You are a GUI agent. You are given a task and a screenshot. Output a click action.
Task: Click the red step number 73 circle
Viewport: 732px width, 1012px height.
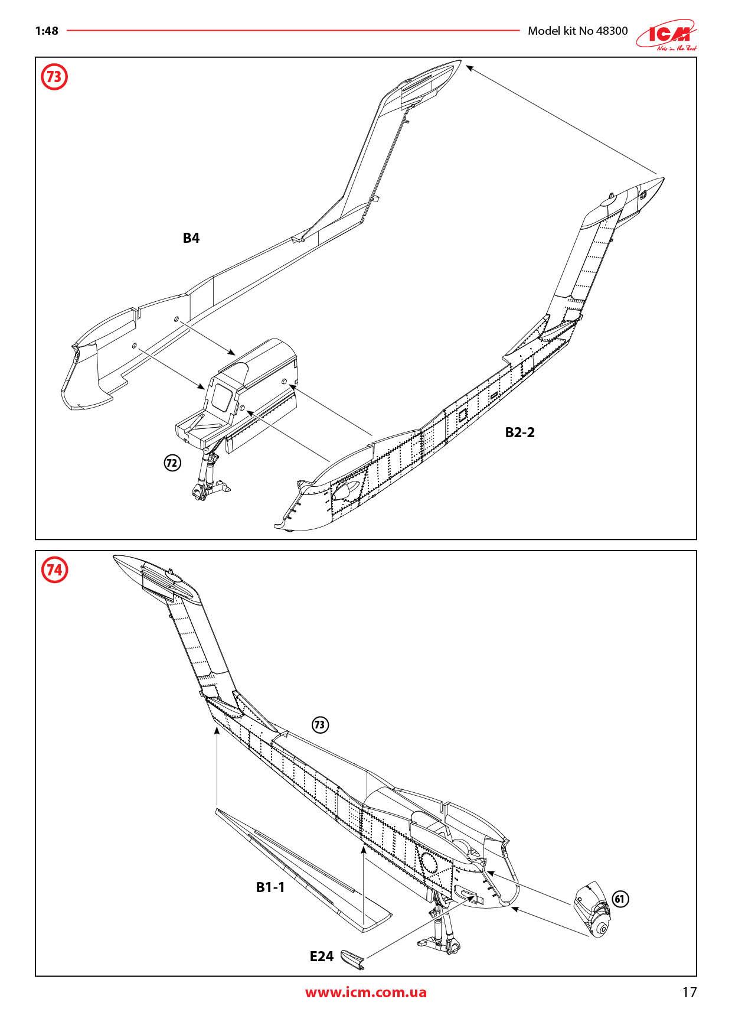54,77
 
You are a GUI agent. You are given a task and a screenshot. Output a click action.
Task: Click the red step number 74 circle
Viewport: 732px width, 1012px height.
54,570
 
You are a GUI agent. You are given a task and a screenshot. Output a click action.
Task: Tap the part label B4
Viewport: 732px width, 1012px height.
191,239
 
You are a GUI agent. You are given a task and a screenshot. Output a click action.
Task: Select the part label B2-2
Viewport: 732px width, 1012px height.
519,432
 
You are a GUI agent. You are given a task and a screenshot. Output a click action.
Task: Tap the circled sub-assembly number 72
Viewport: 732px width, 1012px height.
171,463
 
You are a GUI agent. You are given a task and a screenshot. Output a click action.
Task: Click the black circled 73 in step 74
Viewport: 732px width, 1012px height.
320,725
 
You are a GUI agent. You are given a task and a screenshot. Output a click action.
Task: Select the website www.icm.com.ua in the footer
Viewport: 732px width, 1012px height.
365,992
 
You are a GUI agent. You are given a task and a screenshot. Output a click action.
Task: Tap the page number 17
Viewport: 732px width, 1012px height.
689,992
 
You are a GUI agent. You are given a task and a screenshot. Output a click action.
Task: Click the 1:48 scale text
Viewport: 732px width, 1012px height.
47,31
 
